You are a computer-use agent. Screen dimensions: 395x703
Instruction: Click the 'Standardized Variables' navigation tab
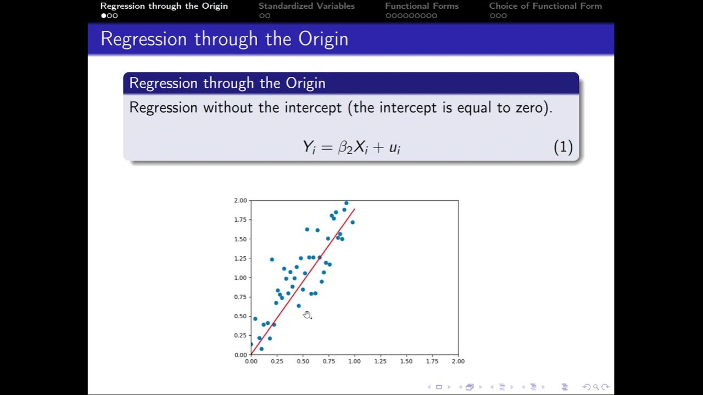point(306,6)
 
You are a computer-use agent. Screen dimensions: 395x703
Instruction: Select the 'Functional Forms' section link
point(421,6)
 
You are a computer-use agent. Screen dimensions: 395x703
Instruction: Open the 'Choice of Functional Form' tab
point(545,6)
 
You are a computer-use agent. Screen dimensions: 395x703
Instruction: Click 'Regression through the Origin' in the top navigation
point(164,6)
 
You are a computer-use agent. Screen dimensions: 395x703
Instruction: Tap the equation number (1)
point(563,147)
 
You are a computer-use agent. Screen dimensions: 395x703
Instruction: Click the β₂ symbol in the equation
point(345,147)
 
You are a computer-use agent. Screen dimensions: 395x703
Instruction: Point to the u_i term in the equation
point(394,148)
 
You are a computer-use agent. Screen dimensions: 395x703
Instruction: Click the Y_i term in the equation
point(309,147)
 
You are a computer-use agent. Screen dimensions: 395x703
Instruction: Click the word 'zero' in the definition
point(531,108)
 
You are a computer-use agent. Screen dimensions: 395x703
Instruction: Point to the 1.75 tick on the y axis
point(240,219)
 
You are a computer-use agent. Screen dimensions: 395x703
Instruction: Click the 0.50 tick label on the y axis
point(240,316)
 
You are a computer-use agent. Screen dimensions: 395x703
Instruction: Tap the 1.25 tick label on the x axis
point(380,362)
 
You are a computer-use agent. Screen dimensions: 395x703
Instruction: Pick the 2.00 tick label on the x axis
point(457,362)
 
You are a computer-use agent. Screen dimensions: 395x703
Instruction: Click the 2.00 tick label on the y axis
point(240,201)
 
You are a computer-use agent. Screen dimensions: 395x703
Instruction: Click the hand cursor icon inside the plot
point(307,315)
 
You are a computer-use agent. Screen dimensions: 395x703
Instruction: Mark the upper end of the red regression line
point(354,209)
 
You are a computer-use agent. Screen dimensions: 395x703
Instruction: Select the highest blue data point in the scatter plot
point(346,203)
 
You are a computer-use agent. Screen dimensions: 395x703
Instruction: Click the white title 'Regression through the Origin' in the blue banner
point(224,39)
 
